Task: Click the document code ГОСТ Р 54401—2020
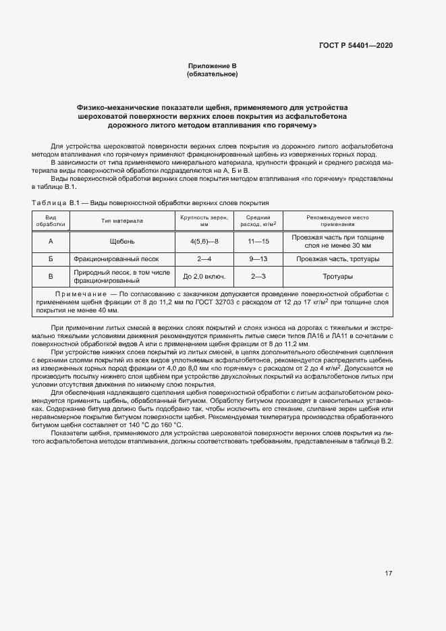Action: [x=356, y=45]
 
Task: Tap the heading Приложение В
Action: [x=212, y=65]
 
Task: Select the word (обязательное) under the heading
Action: [x=212, y=74]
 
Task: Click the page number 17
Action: [x=388, y=574]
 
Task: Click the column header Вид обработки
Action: [x=51, y=221]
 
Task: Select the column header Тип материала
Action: [x=122, y=221]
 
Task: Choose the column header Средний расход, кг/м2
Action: [x=258, y=221]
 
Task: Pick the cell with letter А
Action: [x=51, y=242]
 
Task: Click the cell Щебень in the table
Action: [x=122, y=242]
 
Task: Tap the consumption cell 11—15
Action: [x=258, y=242]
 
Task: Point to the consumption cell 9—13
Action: [x=258, y=259]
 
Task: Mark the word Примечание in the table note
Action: [x=80, y=295]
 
